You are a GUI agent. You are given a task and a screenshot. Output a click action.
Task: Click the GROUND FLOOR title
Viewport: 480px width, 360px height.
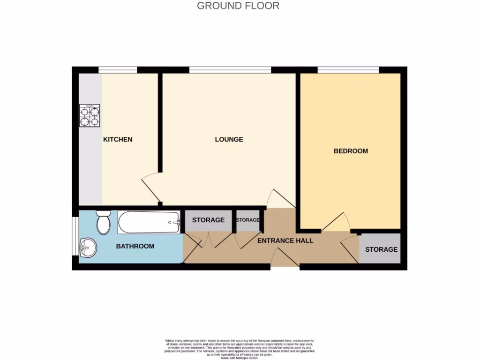pyautogui.click(x=238, y=6)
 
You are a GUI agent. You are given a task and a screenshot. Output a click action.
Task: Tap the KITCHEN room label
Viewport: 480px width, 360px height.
pyautogui.click(x=118, y=139)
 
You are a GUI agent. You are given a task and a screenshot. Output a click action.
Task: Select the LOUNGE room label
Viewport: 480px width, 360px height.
pyautogui.click(x=229, y=139)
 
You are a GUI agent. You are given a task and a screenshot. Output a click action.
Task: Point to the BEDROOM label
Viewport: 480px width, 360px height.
pyautogui.click(x=351, y=151)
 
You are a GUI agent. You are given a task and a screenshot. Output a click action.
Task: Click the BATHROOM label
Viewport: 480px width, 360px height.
pyautogui.click(x=135, y=246)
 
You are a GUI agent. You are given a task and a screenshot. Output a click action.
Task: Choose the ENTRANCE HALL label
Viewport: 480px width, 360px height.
pyautogui.click(x=285, y=240)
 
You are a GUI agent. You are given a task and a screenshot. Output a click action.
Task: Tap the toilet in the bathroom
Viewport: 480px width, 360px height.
pyautogui.click(x=103, y=222)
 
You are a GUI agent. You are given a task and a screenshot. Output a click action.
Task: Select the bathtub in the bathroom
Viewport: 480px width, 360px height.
pyautogui.click(x=149, y=222)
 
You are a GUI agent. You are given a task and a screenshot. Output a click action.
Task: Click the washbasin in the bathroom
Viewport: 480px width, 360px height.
pyautogui.click(x=88, y=247)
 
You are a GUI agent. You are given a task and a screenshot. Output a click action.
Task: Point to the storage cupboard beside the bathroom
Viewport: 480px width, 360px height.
pyautogui.click(x=208, y=220)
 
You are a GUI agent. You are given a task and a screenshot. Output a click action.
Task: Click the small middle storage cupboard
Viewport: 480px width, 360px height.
pyautogui.click(x=247, y=220)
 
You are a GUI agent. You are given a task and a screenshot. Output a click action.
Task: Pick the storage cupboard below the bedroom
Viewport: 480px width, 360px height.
pyautogui.click(x=381, y=249)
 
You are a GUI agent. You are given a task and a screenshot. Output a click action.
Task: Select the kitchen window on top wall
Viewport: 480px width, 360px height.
pyautogui.click(x=118, y=70)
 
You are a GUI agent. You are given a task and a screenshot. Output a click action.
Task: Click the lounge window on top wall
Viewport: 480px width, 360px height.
pyautogui.click(x=230, y=70)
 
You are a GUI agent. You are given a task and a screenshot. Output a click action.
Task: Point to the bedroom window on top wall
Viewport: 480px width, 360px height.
pyautogui.click(x=348, y=70)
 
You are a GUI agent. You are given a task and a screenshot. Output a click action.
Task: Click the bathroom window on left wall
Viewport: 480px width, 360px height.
pyautogui.click(x=75, y=236)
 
